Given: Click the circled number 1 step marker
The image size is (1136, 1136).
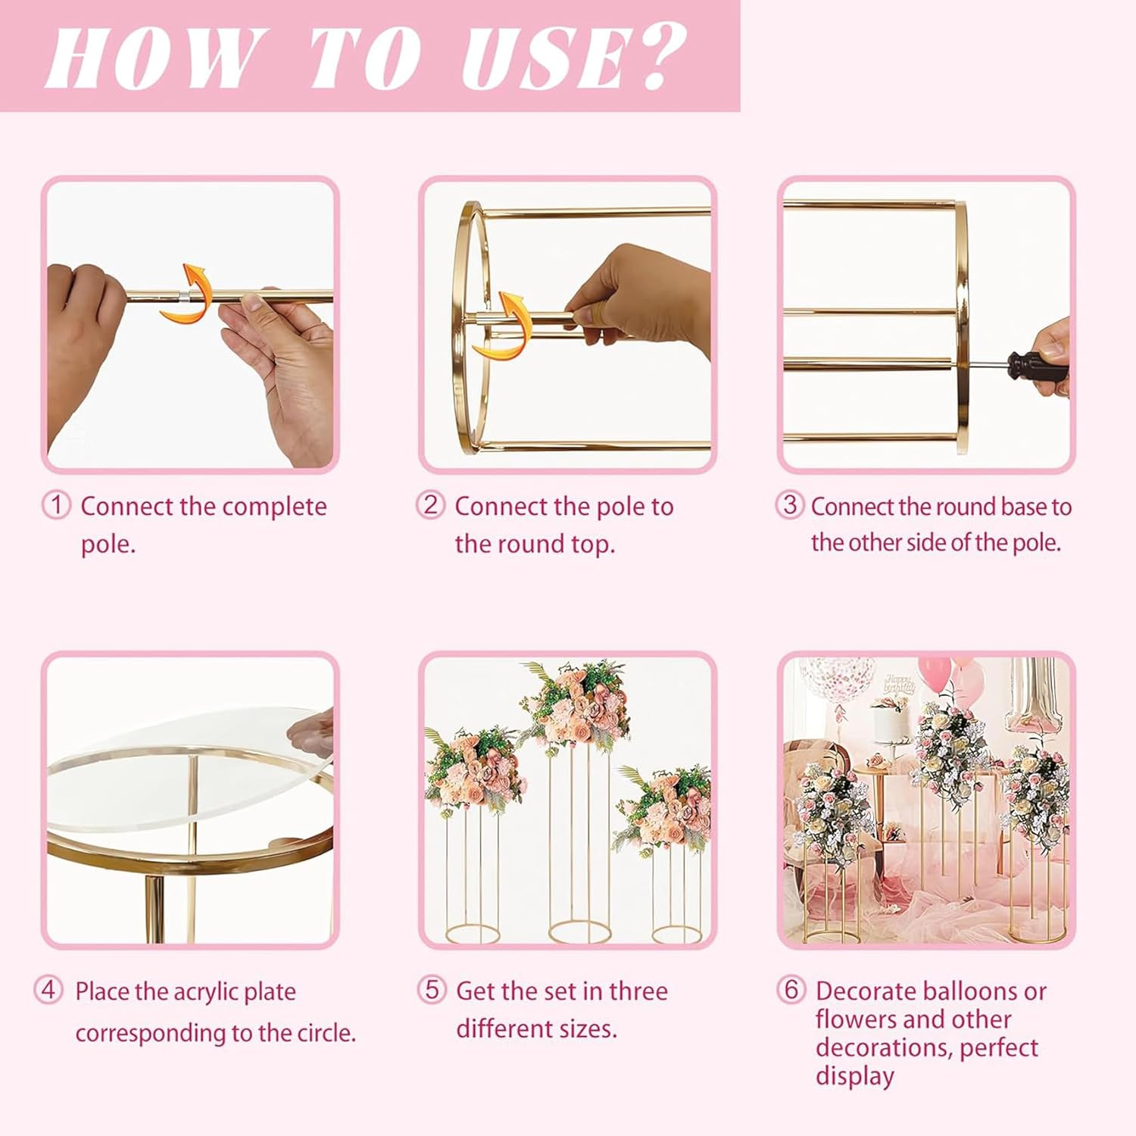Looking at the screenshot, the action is pos(55,504).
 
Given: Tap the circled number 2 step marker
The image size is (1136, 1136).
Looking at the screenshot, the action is pos(430,504).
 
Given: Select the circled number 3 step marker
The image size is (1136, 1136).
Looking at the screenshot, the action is pos(790,504).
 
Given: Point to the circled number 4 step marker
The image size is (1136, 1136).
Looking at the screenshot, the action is pos(48,989).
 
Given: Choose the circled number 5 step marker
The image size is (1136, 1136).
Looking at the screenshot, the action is pos(432,989).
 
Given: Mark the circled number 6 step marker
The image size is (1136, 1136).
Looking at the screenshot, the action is pos(791,989).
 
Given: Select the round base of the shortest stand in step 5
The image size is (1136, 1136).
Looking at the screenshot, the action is pos(676,933).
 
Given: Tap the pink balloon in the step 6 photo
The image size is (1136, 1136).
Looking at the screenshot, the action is pos(935,674).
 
